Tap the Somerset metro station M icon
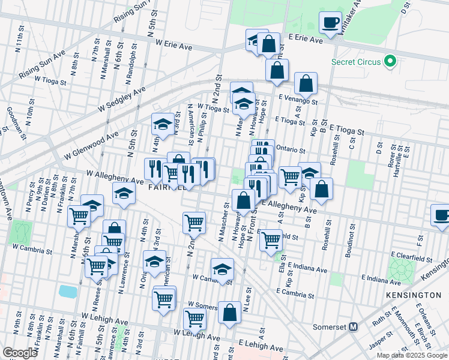point(353,327)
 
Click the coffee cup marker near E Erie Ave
point(330,23)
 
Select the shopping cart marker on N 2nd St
point(194,223)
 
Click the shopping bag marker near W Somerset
point(229,312)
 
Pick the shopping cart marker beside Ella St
point(271,239)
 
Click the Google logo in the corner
point(19,353)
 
